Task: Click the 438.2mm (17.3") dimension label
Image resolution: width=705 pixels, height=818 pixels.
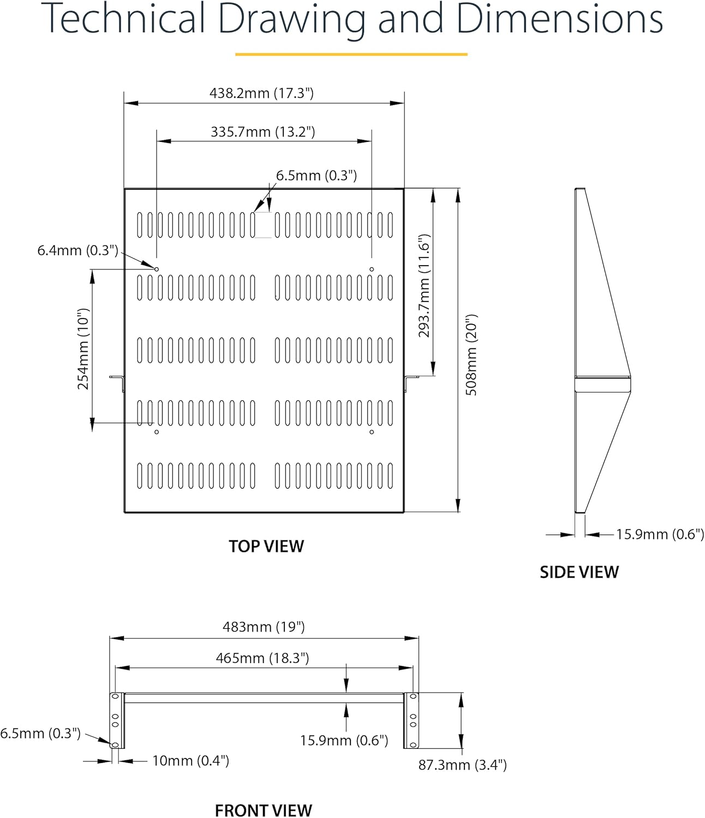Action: pos(262,93)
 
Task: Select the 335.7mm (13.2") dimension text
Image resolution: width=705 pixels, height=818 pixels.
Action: pos(263,132)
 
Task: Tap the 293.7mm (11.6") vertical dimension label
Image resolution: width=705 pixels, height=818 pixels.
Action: pos(425,286)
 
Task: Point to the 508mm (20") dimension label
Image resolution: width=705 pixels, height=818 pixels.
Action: pos(471,354)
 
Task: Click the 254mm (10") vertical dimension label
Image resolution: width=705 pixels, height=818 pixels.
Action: pos(83,349)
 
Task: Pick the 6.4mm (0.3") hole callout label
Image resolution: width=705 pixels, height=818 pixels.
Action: pos(77,251)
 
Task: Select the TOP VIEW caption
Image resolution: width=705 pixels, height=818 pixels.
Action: pos(266,546)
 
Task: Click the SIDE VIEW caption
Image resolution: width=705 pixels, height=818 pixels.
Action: pos(579,572)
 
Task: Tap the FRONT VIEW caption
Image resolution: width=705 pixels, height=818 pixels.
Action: pos(264,810)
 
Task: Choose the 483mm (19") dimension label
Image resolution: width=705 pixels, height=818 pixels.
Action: pos(264,627)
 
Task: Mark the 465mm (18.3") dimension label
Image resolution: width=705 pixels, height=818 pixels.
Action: pos(262,658)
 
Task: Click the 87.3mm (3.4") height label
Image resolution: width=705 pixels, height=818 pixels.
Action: pos(463,765)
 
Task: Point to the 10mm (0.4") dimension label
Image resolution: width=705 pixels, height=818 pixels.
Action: pos(190,761)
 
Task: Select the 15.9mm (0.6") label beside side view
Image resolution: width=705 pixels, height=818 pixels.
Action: pos(660,534)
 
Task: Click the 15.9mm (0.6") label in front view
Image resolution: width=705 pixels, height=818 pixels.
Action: pos(344,741)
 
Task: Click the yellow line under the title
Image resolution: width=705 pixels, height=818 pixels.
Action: pos(351,55)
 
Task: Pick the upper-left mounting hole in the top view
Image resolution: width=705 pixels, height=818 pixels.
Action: pos(157,269)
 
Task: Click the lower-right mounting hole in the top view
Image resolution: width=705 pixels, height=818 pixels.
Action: pos(372,432)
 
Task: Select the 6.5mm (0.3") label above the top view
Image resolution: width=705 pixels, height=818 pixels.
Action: pos(316,176)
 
